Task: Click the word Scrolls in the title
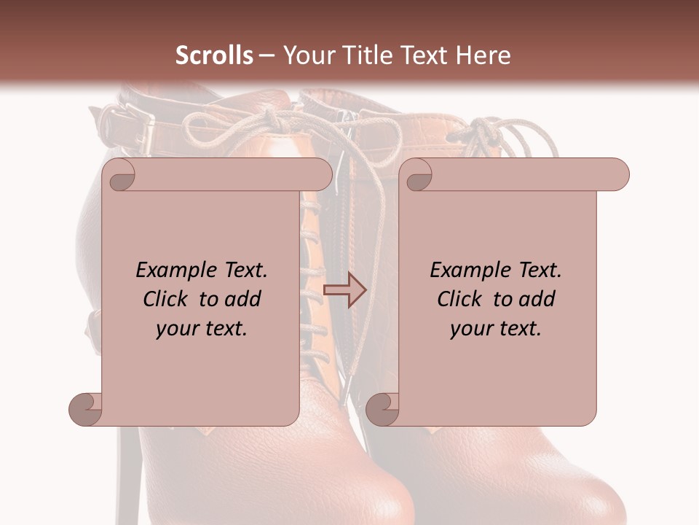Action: [215, 55]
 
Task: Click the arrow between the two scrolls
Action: [344, 291]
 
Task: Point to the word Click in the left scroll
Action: [167, 299]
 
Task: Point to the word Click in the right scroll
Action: [461, 299]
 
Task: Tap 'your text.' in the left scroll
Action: [202, 329]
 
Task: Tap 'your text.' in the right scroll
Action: [496, 329]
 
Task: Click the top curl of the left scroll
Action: [119, 175]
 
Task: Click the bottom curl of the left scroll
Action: [86, 409]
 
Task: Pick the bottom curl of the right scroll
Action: [382, 409]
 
